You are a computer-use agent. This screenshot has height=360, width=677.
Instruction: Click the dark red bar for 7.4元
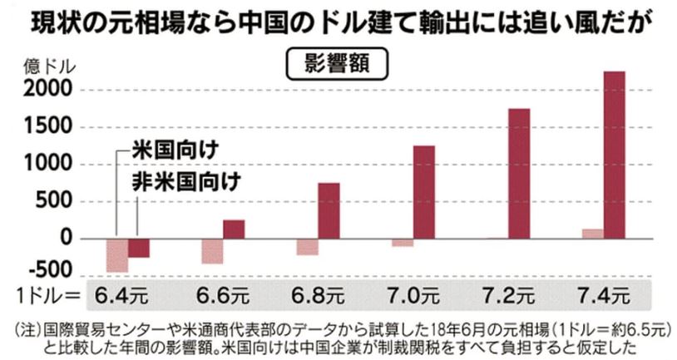coord(615,155)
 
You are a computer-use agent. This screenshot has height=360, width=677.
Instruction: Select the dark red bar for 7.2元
coord(519,174)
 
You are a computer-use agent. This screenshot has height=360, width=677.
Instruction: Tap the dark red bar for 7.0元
coord(423,192)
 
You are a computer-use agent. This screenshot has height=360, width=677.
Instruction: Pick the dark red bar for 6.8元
coord(329,211)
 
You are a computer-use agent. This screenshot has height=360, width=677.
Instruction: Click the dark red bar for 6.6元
coord(234,229)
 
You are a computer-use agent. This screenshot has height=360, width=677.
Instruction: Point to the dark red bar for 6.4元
coord(138,248)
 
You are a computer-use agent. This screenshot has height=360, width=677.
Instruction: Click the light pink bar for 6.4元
coord(117,255)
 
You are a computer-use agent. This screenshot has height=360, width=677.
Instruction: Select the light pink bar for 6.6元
coord(212,251)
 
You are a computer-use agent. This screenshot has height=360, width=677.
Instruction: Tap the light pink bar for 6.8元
coord(308,247)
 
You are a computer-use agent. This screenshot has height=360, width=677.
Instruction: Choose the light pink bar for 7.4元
coord(593,234)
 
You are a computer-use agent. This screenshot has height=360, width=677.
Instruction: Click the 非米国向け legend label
coord(185,182)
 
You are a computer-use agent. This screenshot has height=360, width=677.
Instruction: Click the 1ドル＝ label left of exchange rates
coord(48,296)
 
